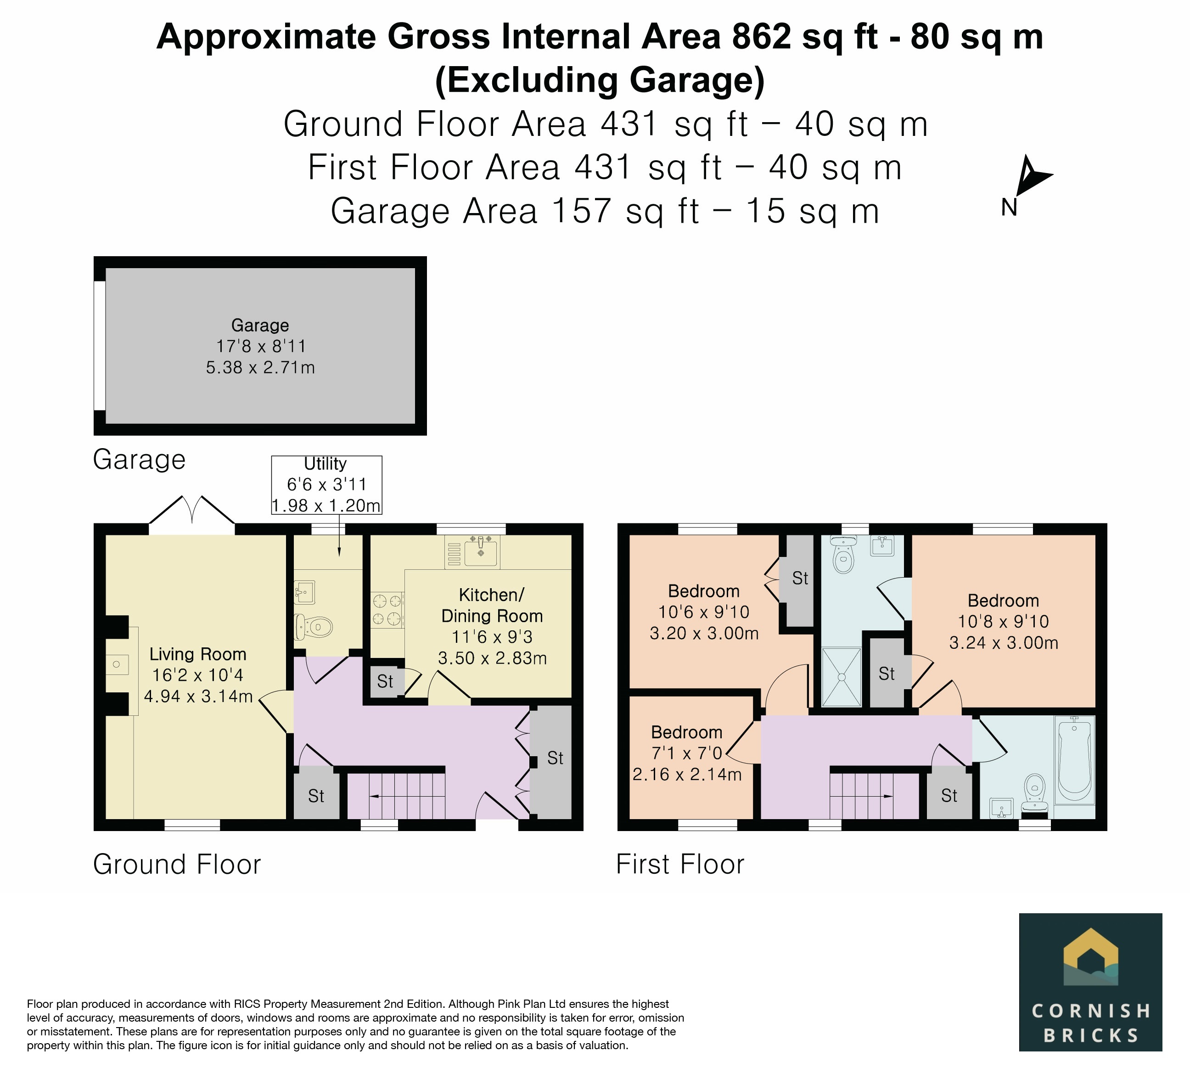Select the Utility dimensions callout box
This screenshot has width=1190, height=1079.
(x=326, y=484)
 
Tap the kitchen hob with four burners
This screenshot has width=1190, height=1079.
(x=387, y=610)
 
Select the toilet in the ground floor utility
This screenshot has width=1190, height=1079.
(x=314, y=626)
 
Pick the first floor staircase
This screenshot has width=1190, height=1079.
(x=874, y=796)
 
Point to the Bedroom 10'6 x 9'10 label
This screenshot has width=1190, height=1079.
(x=704, y=612)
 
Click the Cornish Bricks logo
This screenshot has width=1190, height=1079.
(x=1090, y=982)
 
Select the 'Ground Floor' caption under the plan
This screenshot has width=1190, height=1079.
(x=177, y=865)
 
